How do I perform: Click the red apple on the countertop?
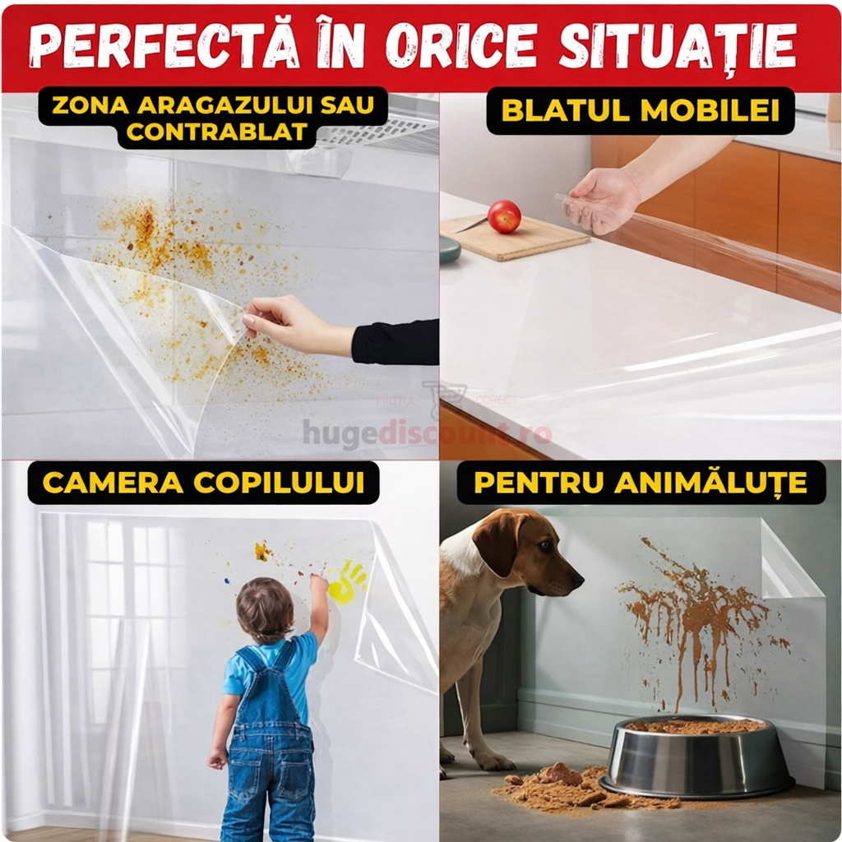[504, 216]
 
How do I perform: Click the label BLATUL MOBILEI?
[641, 110]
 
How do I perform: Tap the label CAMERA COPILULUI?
[203, 483]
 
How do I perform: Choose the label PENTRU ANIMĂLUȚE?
[641, 483]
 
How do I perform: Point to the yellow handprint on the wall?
[347, 581]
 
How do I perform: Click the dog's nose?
[578, 581]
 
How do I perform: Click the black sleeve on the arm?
[396, 342]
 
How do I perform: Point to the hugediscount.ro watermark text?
[427, 433]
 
